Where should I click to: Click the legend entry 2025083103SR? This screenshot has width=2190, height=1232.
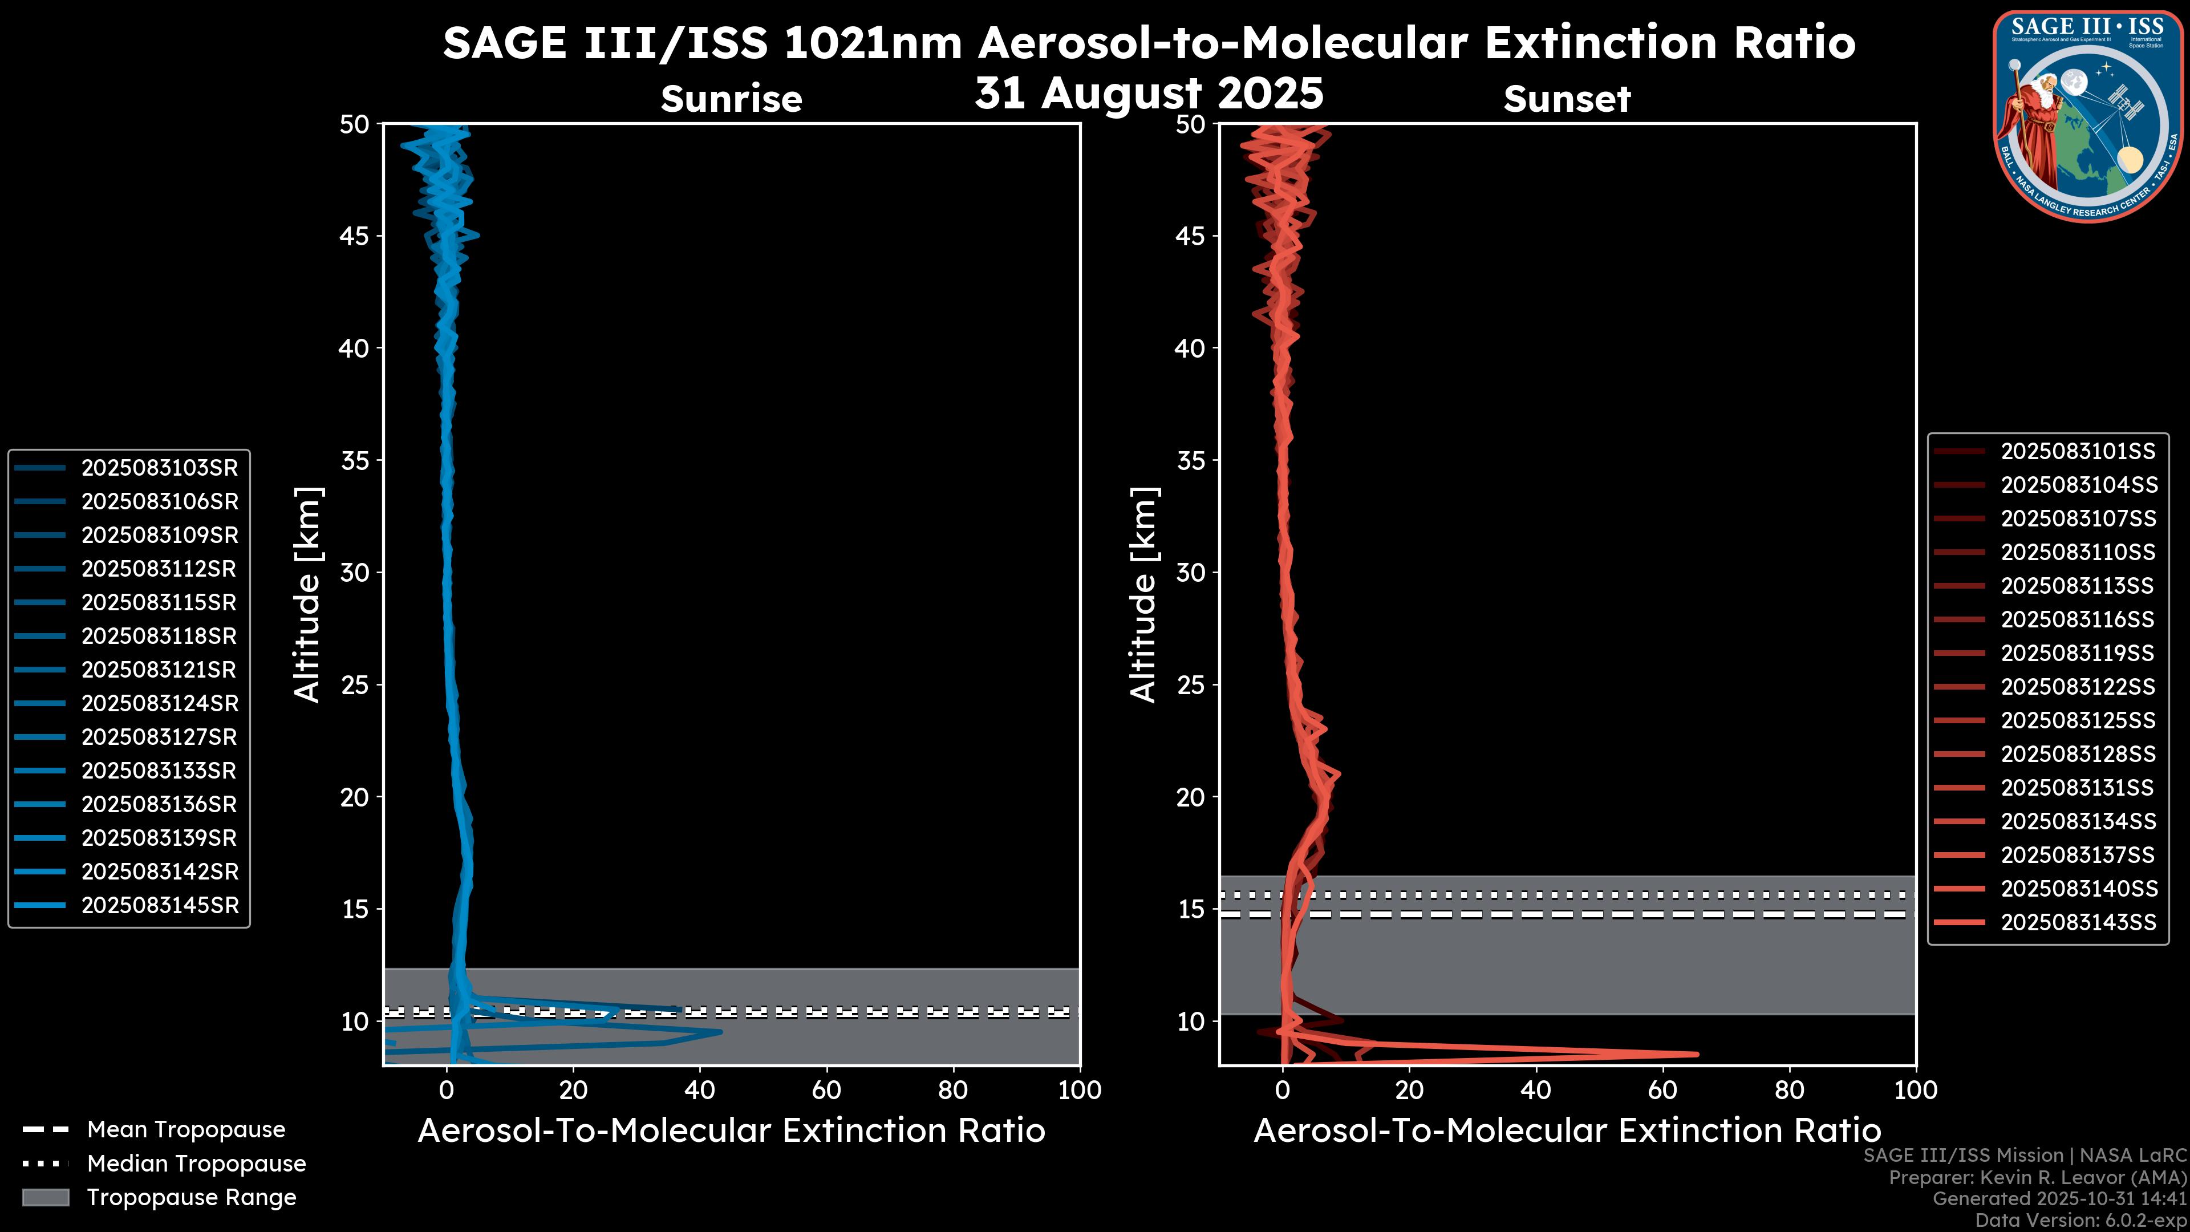159,468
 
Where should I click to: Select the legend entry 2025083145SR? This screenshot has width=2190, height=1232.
159,906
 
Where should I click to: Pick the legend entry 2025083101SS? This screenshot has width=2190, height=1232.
2078,452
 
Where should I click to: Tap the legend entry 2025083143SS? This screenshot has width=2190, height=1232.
2078,922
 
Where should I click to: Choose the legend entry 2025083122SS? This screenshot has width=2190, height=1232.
2078,687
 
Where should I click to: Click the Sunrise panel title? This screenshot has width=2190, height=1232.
731,99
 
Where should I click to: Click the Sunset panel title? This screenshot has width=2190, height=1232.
1566,99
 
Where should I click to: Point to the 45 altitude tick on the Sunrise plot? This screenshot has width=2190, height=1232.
355,236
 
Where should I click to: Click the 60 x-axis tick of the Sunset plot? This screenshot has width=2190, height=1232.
1662,1090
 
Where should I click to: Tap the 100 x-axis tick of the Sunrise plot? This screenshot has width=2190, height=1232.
1079,1090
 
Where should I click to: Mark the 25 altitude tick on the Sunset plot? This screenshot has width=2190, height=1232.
1190,685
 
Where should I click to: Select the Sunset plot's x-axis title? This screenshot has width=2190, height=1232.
1566,1131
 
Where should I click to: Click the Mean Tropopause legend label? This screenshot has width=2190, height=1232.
186,1130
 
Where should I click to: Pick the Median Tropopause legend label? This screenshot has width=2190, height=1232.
196,1164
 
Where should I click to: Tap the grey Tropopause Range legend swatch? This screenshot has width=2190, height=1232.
45,1197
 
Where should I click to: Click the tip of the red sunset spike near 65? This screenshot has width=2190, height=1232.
1697,1054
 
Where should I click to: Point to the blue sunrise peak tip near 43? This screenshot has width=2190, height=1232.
721,1032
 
